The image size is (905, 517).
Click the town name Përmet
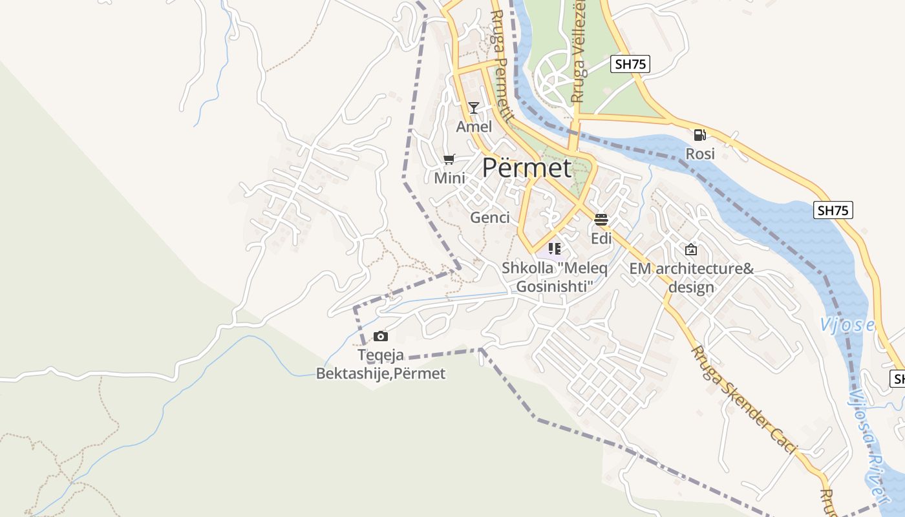[x=527, y=168]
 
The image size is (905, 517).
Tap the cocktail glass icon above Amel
[x=474, y=108]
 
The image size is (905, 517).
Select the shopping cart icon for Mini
[x=449, y=159]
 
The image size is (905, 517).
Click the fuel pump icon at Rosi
[x=699, y=135]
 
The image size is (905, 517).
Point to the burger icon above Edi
[x=601, y=220]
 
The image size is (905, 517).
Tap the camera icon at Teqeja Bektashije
[x=381, y=336]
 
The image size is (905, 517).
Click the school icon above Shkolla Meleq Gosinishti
[x=554, y=248]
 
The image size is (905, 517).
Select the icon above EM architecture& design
[x=691, y=249]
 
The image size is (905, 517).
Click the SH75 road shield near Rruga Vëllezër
[x=630, y=64]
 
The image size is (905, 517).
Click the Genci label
[x=490, y=218]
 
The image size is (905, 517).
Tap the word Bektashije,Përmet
[x=380, y=374]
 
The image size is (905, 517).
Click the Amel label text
[x=474, y=127]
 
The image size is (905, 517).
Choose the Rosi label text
[x=700, y=154]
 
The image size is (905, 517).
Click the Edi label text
[x=601, y=238]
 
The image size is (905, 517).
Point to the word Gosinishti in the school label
[x=555, y=286]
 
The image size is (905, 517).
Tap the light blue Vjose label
[x=847, y=325]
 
